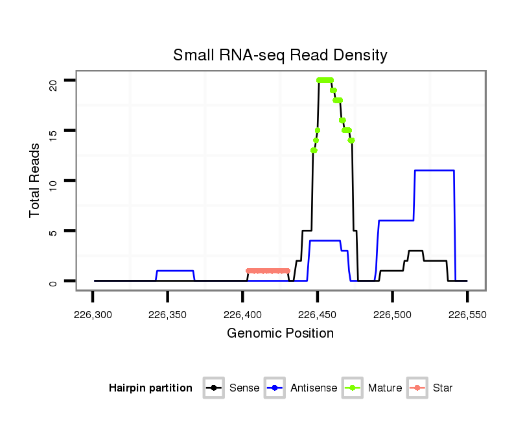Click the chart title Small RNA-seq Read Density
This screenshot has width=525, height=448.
coord(280,55)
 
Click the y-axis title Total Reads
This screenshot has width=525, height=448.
coord(35,180)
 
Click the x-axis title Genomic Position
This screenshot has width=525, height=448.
coord(280,334)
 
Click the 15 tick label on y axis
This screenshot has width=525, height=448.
coord(54,131)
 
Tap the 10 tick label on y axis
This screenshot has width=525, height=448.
coord(54,180)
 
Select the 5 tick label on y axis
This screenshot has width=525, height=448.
coord(54,230)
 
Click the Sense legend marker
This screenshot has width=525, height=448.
coord(213,388)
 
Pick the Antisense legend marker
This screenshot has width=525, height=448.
coord(275,388)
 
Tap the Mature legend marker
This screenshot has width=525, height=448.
coord(353,388)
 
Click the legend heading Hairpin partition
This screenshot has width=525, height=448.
coord(150,388)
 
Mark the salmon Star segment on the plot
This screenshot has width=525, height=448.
coord(268,271)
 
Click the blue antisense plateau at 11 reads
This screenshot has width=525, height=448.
coord(434,170)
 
